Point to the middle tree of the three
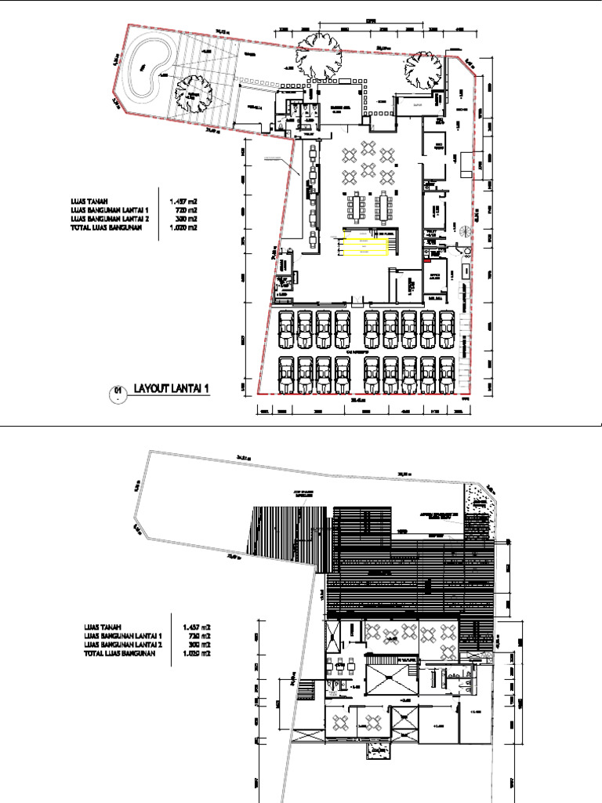point(320,56)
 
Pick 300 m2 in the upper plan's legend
point(184,219)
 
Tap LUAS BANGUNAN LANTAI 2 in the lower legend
point(124,644)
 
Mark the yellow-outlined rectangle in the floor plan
point(365,246)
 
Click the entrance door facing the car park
point(357,300)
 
